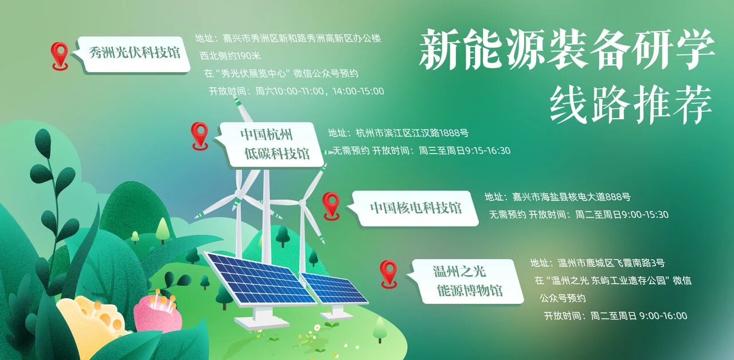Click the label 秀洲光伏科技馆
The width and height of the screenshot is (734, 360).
click(x=135, y=54)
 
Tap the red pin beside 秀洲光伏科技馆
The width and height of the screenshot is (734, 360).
click(x=60, y=55)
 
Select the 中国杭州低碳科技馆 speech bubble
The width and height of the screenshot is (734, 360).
click(x=275, y=144)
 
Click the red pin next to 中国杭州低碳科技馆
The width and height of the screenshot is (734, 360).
click(x=200, y=135)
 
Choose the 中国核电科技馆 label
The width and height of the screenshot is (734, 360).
click(x=415, y=208)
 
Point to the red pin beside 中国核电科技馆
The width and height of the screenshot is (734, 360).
click(x=331, y=205)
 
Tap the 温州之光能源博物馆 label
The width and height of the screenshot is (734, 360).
click(x=468, y=281)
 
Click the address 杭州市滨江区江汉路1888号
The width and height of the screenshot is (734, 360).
click(x=412, y=134)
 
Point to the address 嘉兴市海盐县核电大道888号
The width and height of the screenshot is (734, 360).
click(x=571, y=197)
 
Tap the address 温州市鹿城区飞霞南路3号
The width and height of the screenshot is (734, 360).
click(x=611, y=263)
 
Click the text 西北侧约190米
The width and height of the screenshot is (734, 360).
click(x=230, y=56)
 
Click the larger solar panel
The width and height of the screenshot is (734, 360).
click(x=260, y=280)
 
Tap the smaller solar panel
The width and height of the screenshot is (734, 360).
click(x=334, y=288)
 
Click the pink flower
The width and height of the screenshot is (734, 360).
click(x=157, y=312)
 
